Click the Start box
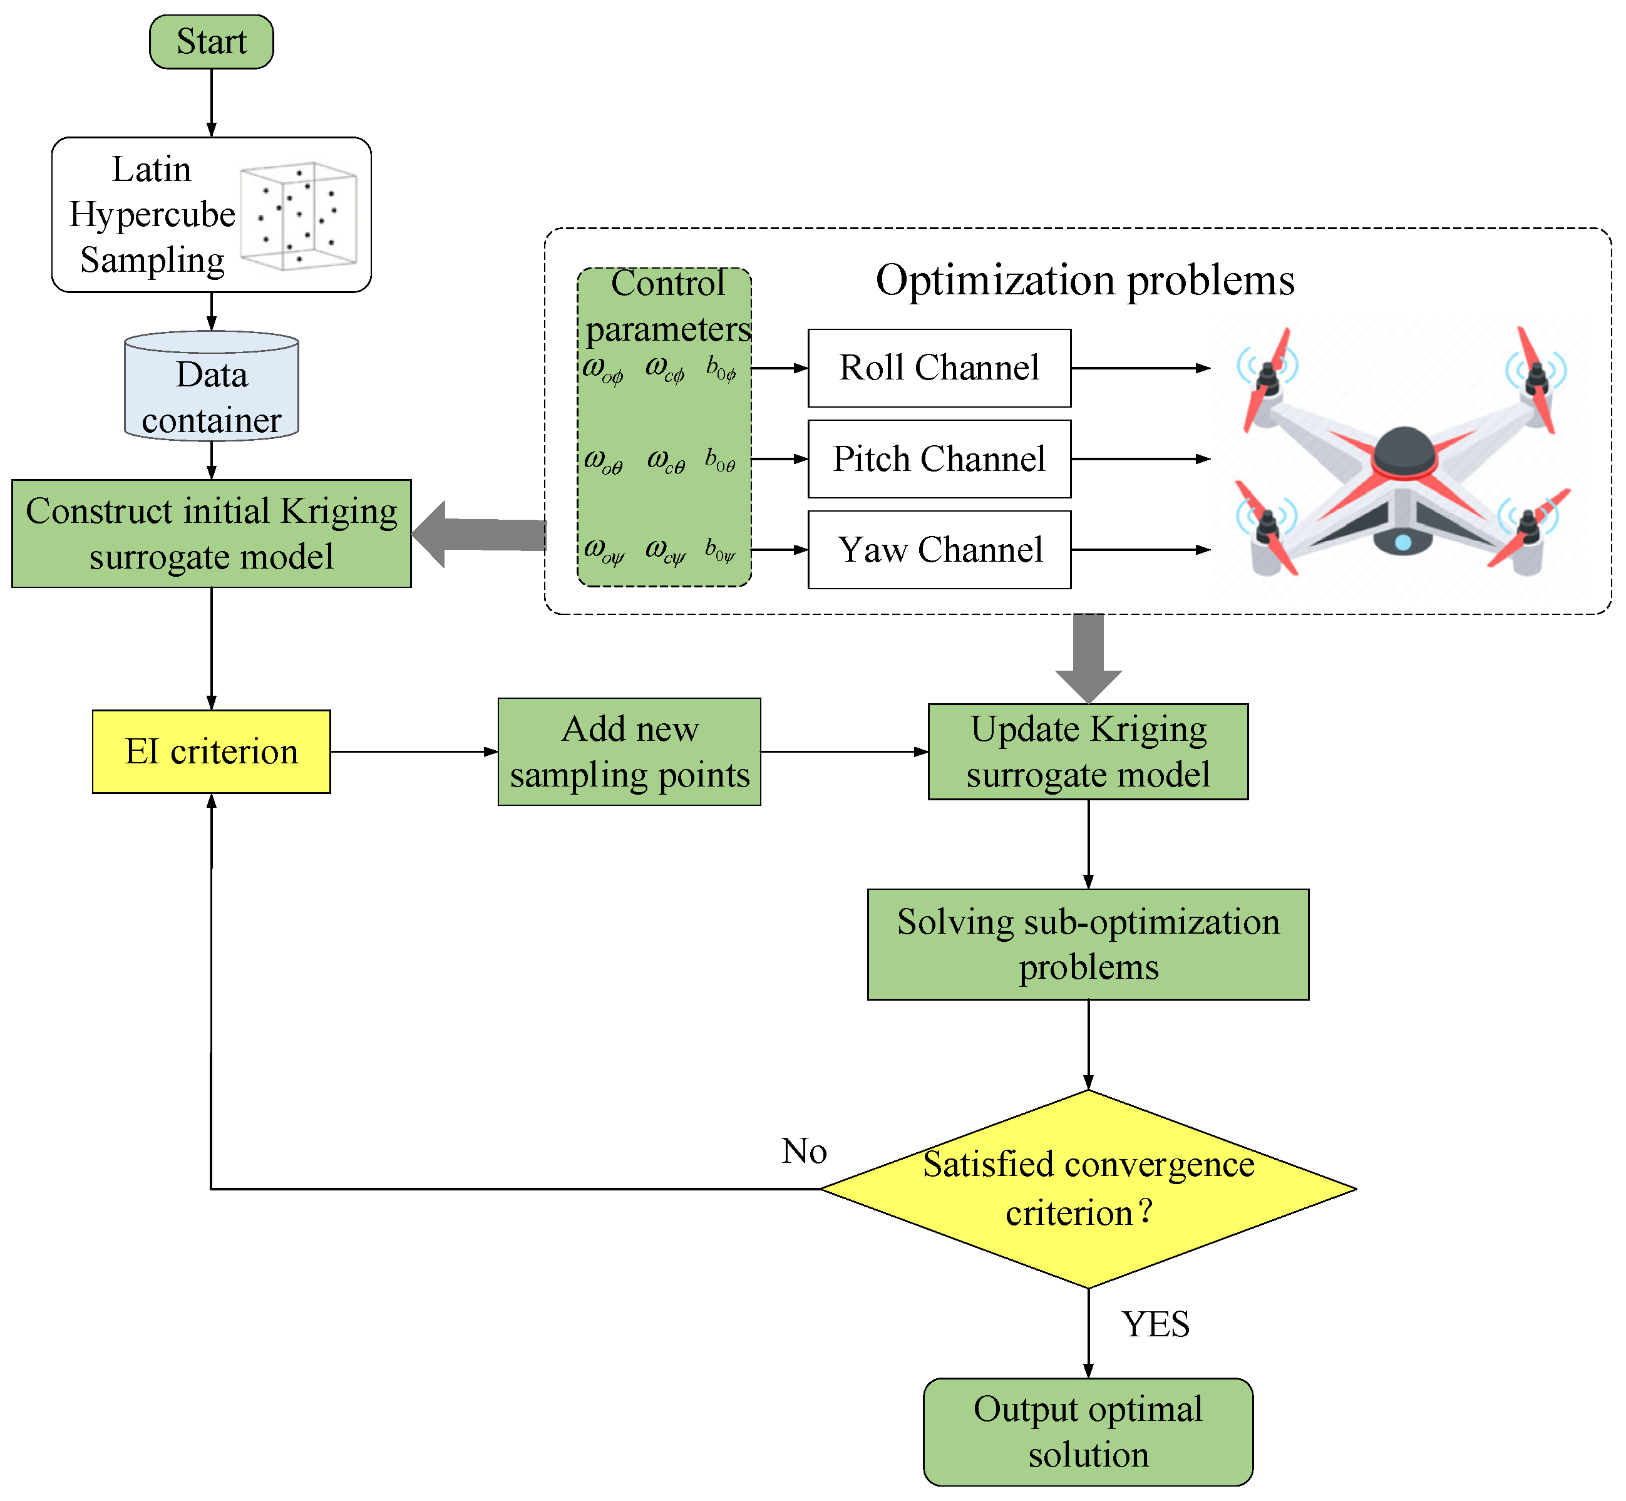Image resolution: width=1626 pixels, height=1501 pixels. click(211, 41)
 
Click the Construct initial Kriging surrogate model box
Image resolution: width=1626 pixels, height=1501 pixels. click(211, 534)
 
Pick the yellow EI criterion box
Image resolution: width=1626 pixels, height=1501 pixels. click(211, 751)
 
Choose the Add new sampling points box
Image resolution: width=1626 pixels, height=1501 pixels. click(629, 751)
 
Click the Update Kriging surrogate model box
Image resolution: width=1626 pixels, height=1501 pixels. click(1088, 751)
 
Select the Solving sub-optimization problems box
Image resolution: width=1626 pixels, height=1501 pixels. click(1088, 944)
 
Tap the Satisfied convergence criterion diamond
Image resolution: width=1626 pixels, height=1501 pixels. click(1088, 1189)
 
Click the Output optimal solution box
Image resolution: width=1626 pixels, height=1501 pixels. click(1088, 1431)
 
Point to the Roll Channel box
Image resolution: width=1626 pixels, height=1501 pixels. click(939, 368)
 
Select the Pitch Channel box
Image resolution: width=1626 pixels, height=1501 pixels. click(939, 459)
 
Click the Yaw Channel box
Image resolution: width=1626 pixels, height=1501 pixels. click(939, 550)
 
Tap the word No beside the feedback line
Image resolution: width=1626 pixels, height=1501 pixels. click(804, 1151)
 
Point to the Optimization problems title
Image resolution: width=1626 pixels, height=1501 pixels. click(1084, 280)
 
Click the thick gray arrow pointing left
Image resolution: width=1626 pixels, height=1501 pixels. click(479, 534)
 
